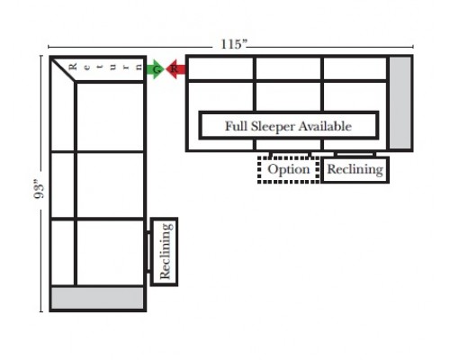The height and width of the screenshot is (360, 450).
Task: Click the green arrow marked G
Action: click(x=155, y=69)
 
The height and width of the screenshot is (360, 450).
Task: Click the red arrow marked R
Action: click(x=175, y=69)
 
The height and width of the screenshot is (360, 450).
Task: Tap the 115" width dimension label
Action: click(x=234, y=44)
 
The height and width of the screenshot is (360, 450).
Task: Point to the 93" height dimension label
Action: click(x=39, y=189)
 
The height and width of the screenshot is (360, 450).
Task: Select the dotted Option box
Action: click(x=289, y=169)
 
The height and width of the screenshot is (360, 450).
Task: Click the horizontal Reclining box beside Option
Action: click(x=355, y=169)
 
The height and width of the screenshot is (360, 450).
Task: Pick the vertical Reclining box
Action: click(x=164, y=252)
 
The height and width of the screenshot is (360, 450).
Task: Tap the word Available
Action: click(x=325, y=126)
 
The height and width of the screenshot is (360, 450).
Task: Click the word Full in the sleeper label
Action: click(x=237, y=126)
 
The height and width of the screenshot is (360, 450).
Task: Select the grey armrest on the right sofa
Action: click(x=400, y=103)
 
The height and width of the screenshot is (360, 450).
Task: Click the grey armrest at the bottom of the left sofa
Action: click(x=97, y=298)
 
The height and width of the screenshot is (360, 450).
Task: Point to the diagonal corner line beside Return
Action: click(x=64, y=69)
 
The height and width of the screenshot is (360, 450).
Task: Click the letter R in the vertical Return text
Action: click(x=73, y=67)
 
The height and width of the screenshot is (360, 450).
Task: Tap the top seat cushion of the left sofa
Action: click(x=111, y=117)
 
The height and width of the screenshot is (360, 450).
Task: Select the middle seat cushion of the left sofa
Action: click(x=111, y=185)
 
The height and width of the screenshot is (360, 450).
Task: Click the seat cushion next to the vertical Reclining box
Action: click(x=111, y=253)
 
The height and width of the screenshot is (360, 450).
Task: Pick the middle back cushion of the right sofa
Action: click(x=288, y=68)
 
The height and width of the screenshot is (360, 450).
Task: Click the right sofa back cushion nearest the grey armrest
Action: click(x=355, y=68)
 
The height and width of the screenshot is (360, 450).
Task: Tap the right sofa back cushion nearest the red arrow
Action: click(x=220, y=68)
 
